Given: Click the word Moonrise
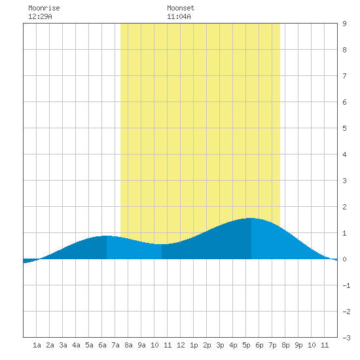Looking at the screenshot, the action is (44, 8).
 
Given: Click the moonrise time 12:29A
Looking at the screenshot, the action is (40, 16).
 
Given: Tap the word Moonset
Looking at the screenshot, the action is (181, 8).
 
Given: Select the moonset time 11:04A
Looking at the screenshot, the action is (179, 16).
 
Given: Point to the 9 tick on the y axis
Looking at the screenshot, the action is (344, 24).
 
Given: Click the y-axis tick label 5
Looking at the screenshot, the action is (344, 128).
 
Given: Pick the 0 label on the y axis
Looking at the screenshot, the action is (344, 259).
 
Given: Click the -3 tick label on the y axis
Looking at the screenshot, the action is (346, 338).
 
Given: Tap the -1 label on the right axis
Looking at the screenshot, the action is (346, 285).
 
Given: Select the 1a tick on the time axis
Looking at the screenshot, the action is (37, 345).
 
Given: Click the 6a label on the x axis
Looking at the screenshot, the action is (102, 345).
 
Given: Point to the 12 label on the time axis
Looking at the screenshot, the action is (181, 345).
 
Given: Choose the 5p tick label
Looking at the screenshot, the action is (246, 345).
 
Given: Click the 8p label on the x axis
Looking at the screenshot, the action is (285, 345).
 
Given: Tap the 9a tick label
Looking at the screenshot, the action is (141, 345).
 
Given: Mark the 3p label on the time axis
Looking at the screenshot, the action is (220, 345).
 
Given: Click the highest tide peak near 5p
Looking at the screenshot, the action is (251, 218).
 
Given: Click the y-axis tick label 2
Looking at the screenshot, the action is (344, 207).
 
